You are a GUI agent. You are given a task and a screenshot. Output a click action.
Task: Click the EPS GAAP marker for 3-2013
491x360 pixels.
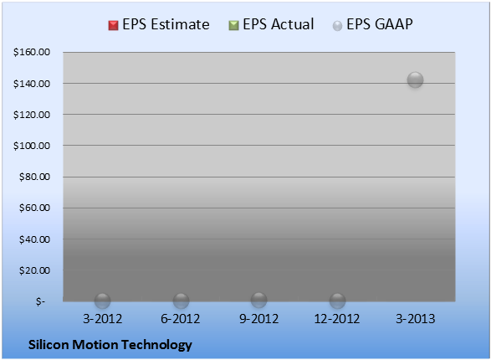tap(415, 80)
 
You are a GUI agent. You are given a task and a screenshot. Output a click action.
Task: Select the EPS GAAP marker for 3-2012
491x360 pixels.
tap(102, 301)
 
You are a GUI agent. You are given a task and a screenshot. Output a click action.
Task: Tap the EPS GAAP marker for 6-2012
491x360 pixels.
tap(181, 301)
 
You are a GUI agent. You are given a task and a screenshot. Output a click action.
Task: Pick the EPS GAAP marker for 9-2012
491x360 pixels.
tap(259, 301)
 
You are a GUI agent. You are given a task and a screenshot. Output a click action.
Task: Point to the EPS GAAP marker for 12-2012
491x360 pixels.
tap(337, 301)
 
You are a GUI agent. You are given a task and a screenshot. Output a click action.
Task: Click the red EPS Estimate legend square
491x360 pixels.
tap(114, 25)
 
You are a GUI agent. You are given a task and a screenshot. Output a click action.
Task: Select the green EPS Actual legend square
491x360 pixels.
tap(233, 25)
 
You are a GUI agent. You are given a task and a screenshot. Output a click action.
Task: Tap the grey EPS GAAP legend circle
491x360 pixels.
tap(337, 26)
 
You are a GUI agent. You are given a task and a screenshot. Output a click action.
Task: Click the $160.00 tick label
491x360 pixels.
tap(32, 52)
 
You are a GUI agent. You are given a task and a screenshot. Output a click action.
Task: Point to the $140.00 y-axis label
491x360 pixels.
tap(32, 84)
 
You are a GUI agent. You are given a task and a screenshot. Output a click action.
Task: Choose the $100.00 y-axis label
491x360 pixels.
tap(32, 146)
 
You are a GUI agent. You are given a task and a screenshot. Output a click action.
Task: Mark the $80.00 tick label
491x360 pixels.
tap(34, 177)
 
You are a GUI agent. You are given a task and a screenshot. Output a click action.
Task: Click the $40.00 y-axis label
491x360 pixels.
tap(34, 239)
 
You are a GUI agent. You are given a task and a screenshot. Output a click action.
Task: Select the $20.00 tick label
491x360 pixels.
tap(34, 270)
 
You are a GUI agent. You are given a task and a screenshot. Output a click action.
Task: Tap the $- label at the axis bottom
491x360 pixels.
tap(41, 301)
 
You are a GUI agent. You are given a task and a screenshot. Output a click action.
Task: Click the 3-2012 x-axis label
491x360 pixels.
tap(102, 319)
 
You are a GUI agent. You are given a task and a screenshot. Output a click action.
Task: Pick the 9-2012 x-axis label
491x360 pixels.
tap(258, 319)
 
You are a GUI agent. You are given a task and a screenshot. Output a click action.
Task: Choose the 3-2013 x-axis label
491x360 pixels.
tap(415, 319)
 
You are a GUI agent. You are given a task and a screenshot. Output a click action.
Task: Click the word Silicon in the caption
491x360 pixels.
tap(49, 345)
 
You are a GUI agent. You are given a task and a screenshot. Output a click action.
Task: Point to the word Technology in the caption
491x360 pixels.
tap(156, 346)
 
